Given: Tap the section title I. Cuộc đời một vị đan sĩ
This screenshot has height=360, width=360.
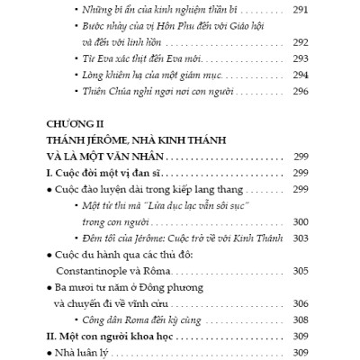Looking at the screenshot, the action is [x=96, y=172].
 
